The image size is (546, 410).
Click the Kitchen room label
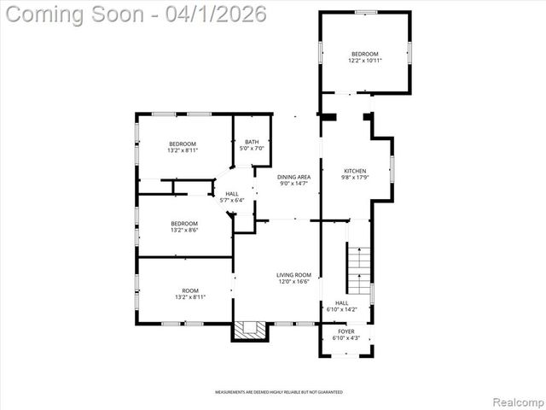click(355, 170)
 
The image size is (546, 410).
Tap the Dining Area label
click(294, 177)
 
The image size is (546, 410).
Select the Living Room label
click(293, 275)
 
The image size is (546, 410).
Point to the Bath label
click(252, 142)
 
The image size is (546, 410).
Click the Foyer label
click(346, 331)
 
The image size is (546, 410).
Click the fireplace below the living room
click(250, 330)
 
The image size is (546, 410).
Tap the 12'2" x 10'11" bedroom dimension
click(365, 61)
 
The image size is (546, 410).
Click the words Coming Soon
click(73, 15)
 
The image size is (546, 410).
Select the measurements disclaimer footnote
click(278, 392)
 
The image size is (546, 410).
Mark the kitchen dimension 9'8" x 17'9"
click(355, 177)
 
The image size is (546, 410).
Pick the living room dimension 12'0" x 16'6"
click(293, 282)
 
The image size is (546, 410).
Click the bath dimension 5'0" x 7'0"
click(252, 149)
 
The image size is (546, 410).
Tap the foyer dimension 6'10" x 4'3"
click(346, 337)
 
